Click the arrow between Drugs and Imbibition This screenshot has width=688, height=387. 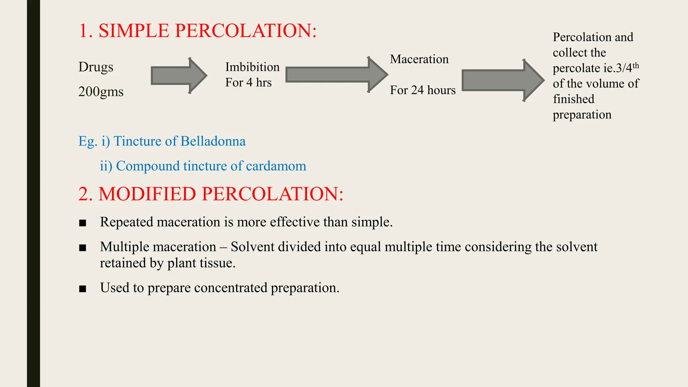coord(178,76)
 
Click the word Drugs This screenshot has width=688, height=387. coord(96,67)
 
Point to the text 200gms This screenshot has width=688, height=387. coord(101,92)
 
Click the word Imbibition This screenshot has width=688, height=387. coord(252,67)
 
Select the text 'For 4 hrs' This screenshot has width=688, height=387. coord(248,83)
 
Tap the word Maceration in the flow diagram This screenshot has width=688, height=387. coord(419,59)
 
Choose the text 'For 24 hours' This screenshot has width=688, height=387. coord(423,90)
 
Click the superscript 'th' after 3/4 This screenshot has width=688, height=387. coord(636,66)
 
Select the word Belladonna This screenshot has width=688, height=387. coord(213,141)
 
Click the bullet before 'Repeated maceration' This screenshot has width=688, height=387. coord(83,223)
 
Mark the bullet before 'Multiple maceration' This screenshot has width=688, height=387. coord(83,248)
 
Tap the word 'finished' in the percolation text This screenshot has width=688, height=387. coord(573,99)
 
